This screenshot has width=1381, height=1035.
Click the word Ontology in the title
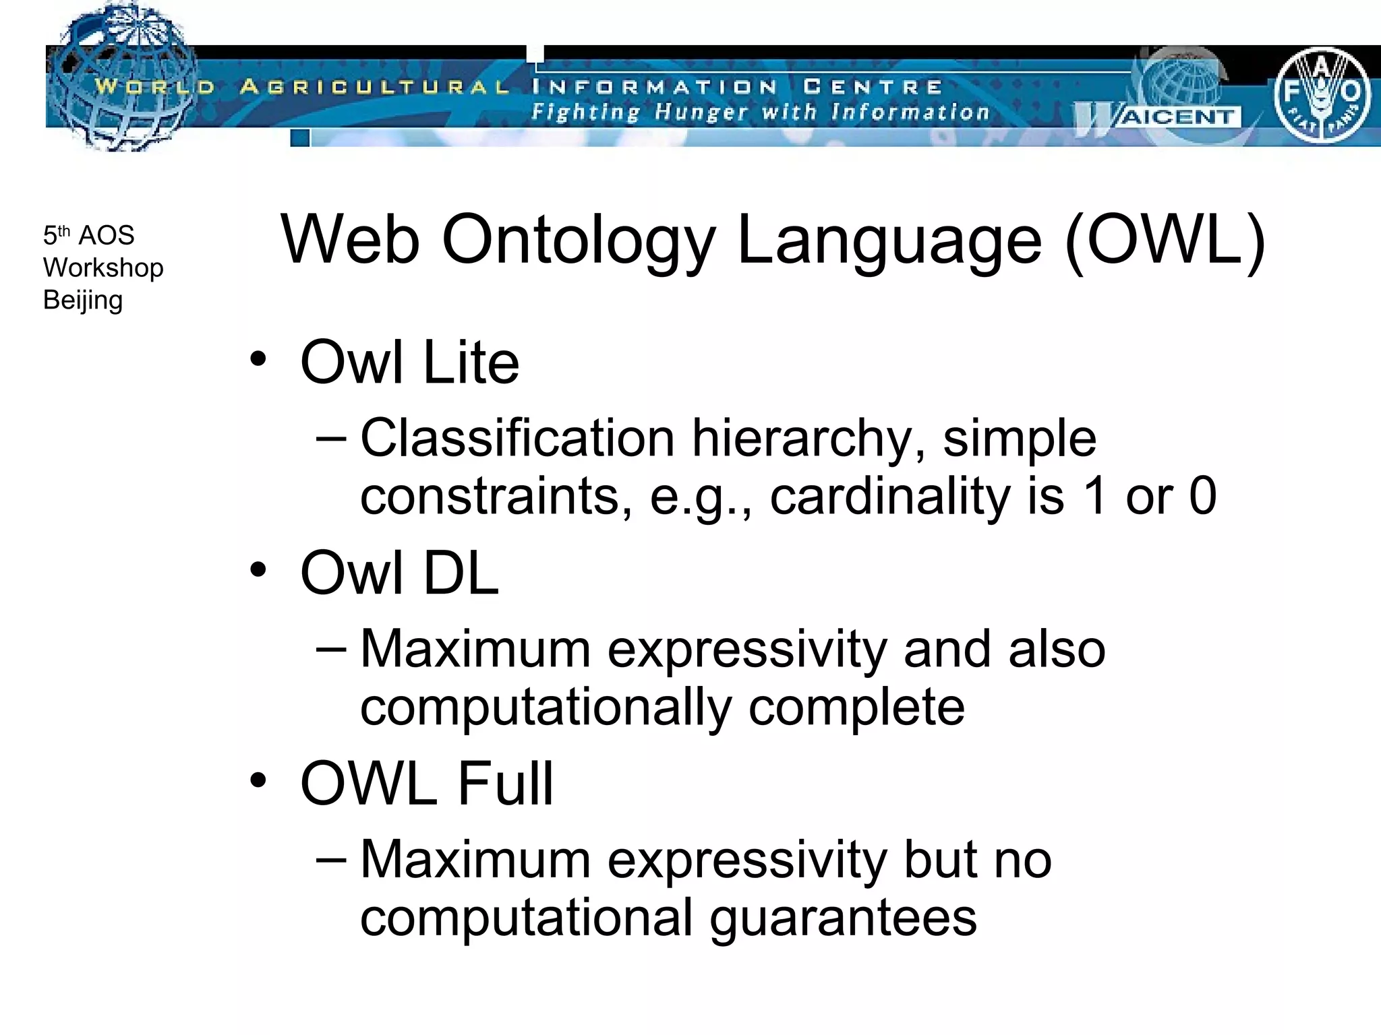pos(578,241)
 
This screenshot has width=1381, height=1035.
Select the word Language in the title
pos(889,241)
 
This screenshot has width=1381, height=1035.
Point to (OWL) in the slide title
pos(1165,241)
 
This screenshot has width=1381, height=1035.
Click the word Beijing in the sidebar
pos(83,301)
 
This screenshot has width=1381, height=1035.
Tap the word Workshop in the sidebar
pos(103,268)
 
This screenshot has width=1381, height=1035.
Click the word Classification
pos(517,438)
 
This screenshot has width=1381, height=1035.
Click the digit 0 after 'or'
pos(1202,497)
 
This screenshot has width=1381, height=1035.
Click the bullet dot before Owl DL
pos(258,570)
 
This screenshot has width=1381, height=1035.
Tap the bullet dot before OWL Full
pos(258,780)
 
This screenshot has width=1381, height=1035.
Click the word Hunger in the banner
pos(701,113)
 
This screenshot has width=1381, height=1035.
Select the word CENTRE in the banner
pos(873,87)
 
